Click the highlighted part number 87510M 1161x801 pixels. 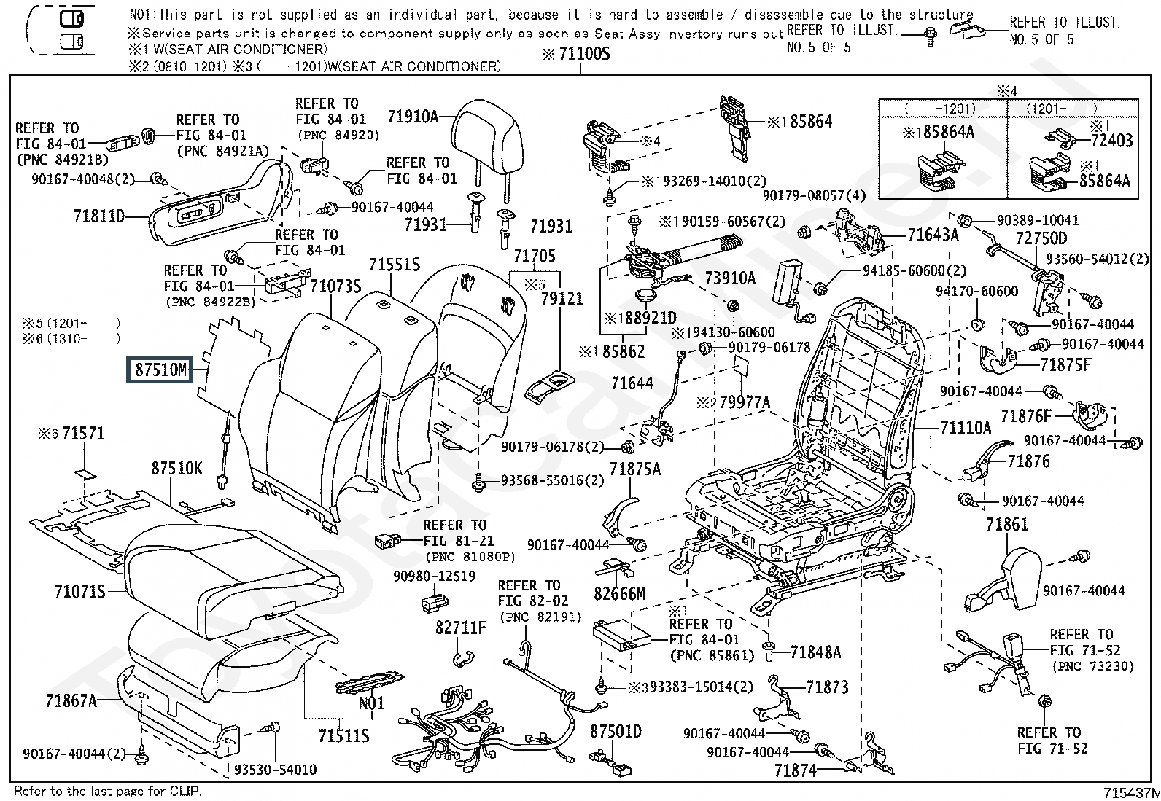click(160, 370)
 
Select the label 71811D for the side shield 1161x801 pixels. click(99, 216)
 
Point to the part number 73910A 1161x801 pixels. click(730, 278)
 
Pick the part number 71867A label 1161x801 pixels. click(71, 701)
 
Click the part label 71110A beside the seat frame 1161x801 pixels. click(966, 428)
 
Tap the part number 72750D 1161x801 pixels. click(1041, 238)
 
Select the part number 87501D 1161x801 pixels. click(616, 732)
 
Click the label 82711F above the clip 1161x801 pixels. click(461, 628)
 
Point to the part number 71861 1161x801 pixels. click(1006, 525)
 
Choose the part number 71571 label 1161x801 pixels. click(83, 433)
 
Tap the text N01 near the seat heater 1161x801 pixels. click(372, 703)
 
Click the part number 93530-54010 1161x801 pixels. click(275, 770)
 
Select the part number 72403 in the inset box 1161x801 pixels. click(1111, 141)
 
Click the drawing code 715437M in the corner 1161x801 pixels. click(1132, 793)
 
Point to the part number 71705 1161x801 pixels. click(535, 256)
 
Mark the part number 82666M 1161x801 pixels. click(619, 594)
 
